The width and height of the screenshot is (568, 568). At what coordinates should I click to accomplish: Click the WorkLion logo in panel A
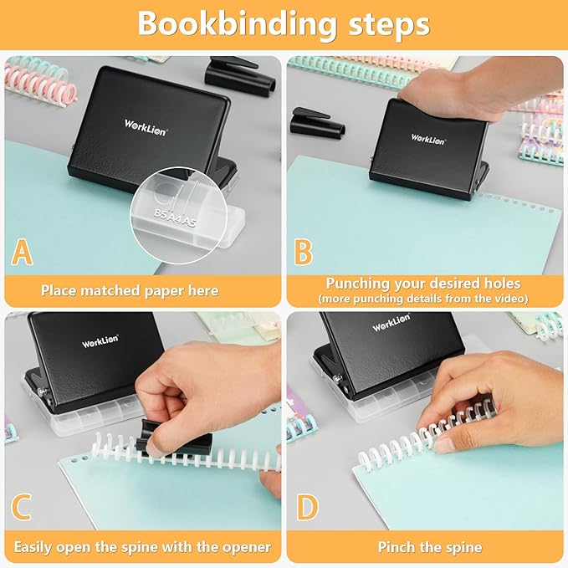click(x=143, y=124)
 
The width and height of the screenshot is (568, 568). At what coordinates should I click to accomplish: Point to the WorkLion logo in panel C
click(x=100, y=341)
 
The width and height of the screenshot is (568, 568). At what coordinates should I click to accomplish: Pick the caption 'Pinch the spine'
click(x=430, y=547)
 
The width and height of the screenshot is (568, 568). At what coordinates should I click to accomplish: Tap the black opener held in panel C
click(x=159, y=435)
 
